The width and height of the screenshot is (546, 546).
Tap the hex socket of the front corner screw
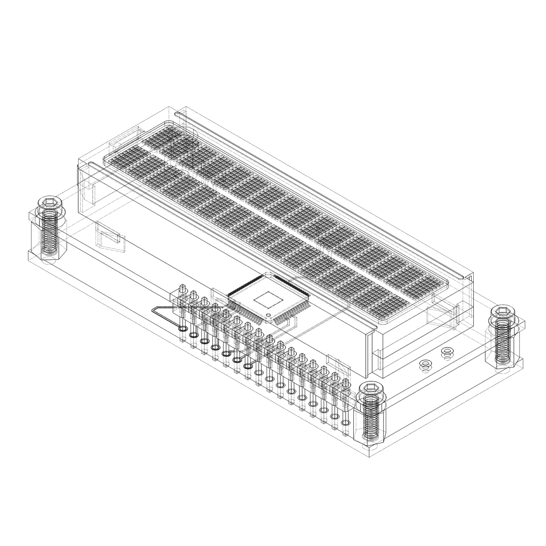(371, 387)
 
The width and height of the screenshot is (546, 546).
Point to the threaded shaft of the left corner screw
(49, 232)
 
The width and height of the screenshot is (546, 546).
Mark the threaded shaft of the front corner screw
(371, 418)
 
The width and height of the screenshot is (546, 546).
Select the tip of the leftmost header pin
(182, 287)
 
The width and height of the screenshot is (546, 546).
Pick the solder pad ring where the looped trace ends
(182, 329)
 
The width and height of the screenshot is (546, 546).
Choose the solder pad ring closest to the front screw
(345, 422)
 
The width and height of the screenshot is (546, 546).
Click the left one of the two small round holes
(425, 364)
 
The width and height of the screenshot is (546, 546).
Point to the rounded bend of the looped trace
(154, 309)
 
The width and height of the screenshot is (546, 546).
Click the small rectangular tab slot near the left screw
(108, 237)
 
